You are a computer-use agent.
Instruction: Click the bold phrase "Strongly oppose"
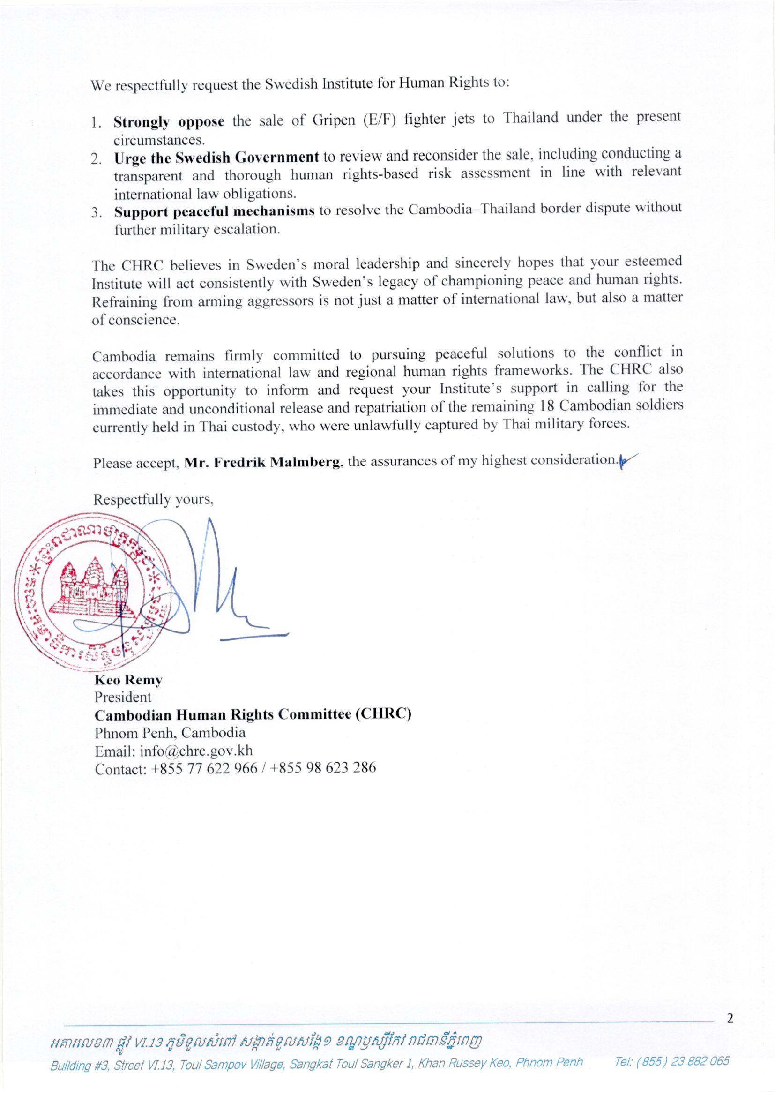(x=169, y=122)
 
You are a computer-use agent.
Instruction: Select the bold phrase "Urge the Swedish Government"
(x=216, y=157)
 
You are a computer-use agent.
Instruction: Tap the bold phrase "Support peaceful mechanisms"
(x=214, y=211)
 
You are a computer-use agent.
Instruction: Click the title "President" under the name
(x=123, y=697)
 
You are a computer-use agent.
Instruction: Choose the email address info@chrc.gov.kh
(x=196, y=751)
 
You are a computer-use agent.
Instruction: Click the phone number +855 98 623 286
(x=322, y=767)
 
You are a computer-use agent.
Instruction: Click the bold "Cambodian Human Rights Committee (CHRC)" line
(x=253, y=714)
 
